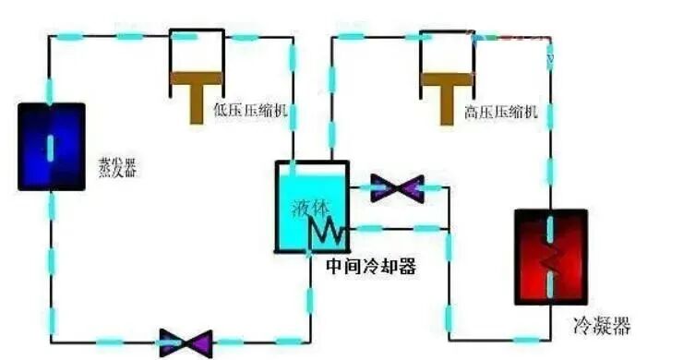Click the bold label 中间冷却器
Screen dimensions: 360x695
(371, 268)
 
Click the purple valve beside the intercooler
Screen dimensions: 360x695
(398, 188)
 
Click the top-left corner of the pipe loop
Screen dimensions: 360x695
(51, 37)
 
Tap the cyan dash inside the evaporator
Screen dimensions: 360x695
(51, 146)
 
